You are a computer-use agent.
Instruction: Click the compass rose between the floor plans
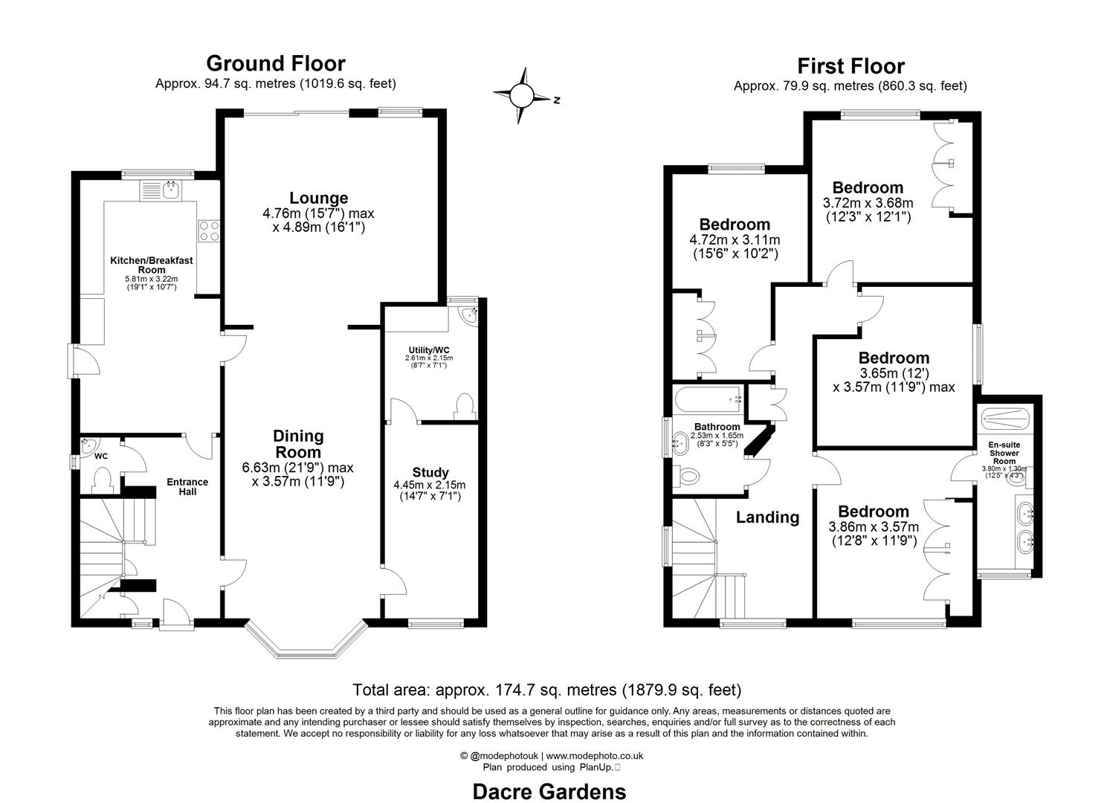tap(522, 95)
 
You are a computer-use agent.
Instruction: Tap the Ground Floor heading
tap(275, 63)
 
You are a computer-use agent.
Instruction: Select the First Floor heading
tap(850, 66)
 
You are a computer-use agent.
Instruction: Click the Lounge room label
tap(318, 198)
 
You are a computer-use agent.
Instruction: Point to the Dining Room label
tap(298, 444)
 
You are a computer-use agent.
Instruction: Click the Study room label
tap(430, 472)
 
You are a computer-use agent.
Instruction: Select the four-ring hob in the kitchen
tap(208, 230)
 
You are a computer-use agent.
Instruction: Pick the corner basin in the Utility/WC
tap(468, 315)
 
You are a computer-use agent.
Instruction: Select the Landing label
tap(767, 517)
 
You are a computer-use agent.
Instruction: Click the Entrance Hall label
tap(187, 486)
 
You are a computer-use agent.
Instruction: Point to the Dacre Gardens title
tap(549, 791)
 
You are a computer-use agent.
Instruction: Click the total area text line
tap(546, 689)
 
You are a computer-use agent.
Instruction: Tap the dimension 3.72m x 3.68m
tap(868, 202)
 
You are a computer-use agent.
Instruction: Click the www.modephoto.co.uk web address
tap(595, 755)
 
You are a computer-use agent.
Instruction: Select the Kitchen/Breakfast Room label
tap(152, 265)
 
